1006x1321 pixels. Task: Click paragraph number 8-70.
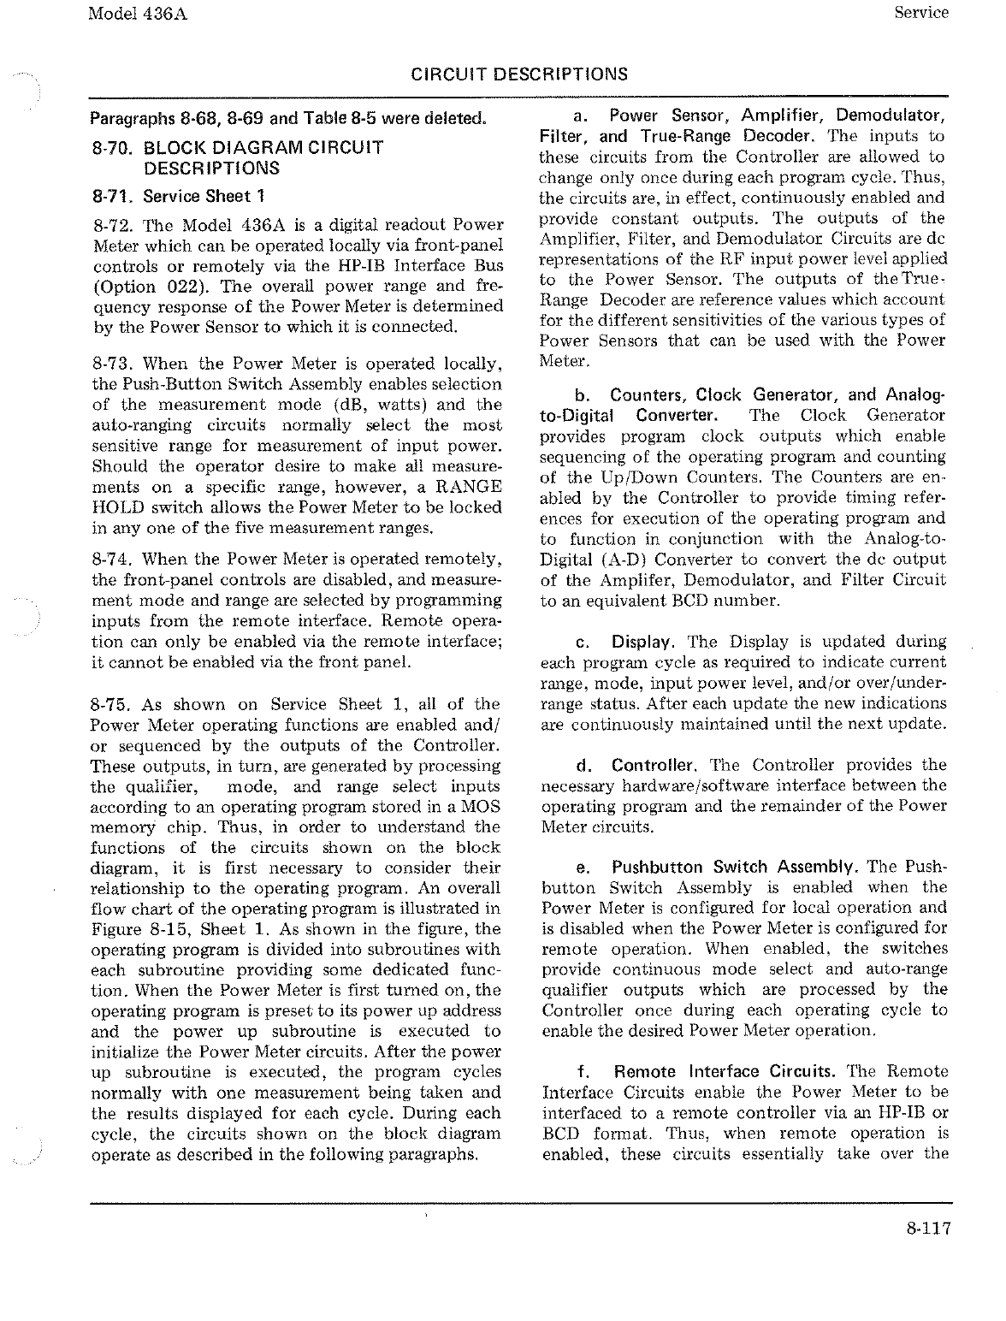(110, 148)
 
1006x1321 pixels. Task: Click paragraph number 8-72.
(111, 225)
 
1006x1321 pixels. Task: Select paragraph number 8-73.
(111, 364)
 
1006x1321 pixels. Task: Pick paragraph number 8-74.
(111, 560)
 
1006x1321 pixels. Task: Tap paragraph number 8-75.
(111, 705)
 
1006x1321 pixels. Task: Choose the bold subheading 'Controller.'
(657, 765)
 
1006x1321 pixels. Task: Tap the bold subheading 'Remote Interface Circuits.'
(726, 1072)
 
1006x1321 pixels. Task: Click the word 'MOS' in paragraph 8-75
(483, 807)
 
